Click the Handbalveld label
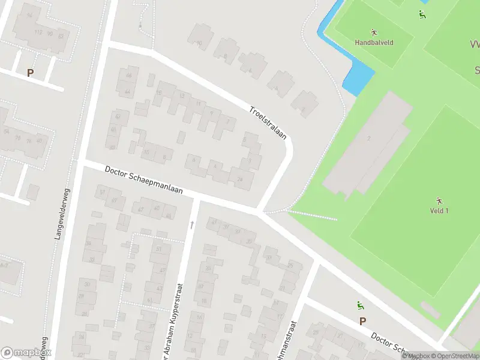pyautogui.click(x=374, y=43)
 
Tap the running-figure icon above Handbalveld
pyautogui.click(x=374, y=32)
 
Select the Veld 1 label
pyautogui.click(x=439, y=211)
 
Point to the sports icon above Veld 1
pyautogui.click(x=439, y=200)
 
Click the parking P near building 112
pyautogui.click(x=30, y=73)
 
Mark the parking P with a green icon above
pyautogui.click(x=362, y=321)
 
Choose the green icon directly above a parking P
pyautogui.click(x=360, y=305)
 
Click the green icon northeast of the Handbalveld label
pyautogui.click(x=423, y=14)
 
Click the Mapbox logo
pyautogui.click(x=25, y=353)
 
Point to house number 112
pyautogui.click(x=39, y=32)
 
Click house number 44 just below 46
pyautogui.click(x=127, y=92)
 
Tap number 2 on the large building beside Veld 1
pyautogui.click(x=369, y=139)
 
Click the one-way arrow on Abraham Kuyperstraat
pyautogui.click(x=192, y=224)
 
